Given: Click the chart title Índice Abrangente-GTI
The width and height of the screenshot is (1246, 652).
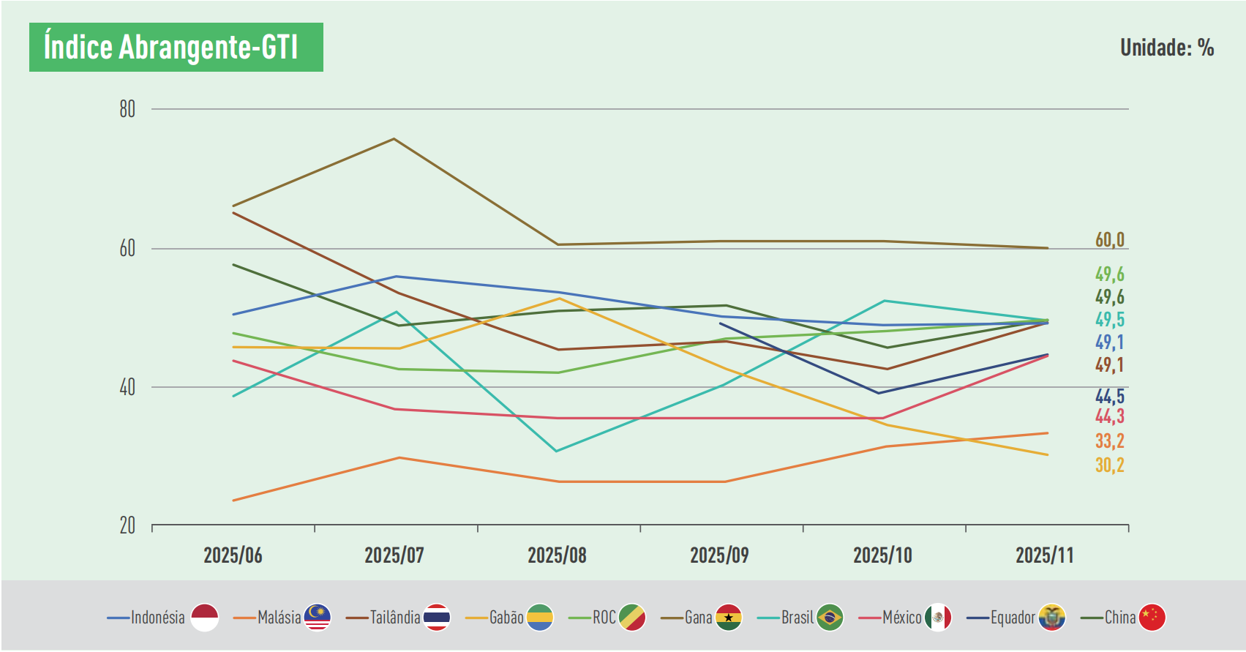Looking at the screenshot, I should (x=171, y=48).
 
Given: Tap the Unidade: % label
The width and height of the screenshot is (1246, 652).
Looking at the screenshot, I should (x=1167, y=48).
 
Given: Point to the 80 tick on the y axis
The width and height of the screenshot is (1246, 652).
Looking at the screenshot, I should (x=128, y=110).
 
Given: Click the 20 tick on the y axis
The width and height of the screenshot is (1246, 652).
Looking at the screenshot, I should (x=128, y=525).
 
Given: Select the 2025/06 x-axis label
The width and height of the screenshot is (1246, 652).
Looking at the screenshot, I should (x=233, y=555).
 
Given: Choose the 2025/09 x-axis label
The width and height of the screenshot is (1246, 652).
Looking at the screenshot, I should (x=719, y=555).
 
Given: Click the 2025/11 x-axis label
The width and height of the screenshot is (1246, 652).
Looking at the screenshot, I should (x=1044, y=555).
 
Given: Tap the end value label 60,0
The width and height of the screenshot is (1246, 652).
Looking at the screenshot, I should (x=1109, y=240).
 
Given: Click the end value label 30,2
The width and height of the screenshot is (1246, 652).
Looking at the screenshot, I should (x=1109, y=465).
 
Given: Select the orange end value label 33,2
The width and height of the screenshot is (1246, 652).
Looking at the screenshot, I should (x=1109, y=441).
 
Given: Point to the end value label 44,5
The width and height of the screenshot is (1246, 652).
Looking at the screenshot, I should (x=1109, y=397).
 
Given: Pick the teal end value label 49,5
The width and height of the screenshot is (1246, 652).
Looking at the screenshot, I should (x=1109, y=320).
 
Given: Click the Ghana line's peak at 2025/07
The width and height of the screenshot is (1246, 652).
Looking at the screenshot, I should (x=394, y=138).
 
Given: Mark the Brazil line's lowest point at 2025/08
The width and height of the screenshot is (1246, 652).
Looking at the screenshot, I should (x=557, y=451).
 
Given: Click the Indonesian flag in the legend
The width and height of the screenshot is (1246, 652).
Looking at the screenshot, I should (x=205, y=618).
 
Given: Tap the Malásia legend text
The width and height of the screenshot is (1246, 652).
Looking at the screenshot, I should (x=279, y=618).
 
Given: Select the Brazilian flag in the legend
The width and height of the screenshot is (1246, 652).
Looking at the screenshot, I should (x=830, y=618).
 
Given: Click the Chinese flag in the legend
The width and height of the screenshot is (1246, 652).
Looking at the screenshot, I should (x=1152, y=618).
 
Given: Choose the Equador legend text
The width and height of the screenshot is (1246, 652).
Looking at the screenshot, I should (x=1013, y=618).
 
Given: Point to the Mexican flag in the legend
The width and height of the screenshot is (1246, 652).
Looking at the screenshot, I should (x=938, y=618).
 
